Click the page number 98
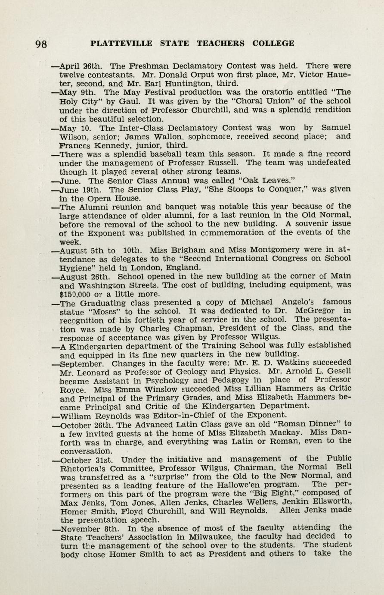pos(42,44)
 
